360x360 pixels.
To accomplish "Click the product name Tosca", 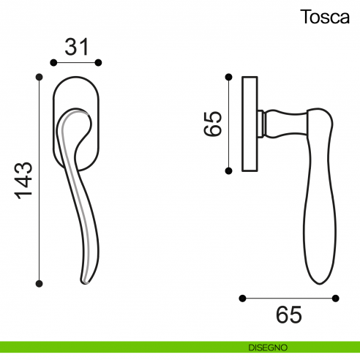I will (x=324, y=18).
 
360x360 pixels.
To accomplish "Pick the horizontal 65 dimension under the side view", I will (x=289, y=315).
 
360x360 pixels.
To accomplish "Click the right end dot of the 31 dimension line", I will (x=100, y=63).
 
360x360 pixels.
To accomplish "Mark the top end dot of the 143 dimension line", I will (x=40, y=75).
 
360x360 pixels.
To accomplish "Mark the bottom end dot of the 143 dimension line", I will (x=40, y=282).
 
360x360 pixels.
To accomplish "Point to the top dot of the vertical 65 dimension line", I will (x=230, y=75).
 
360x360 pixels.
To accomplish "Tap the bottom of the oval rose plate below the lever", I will (x=73, y=165).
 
